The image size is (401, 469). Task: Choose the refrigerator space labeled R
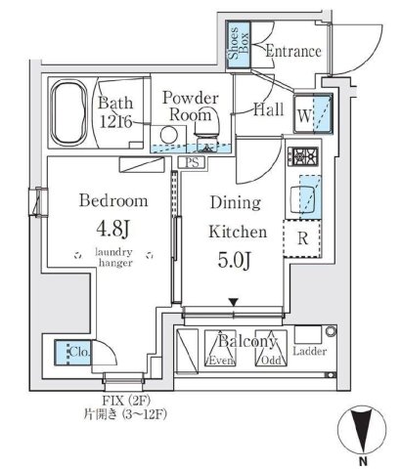click(302, 236)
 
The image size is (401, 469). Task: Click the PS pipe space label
click(192, 163)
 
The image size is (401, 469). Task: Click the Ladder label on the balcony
click(309, 352)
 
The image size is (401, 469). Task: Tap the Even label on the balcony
click(218, 361)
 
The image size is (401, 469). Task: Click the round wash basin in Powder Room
click(171, 135)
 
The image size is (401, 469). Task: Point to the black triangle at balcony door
click(233, 302)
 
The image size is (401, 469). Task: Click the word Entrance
click(292, 51)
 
